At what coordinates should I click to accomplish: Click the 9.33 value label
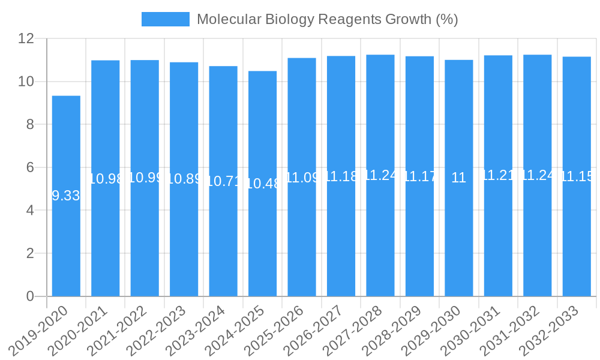(66, 196)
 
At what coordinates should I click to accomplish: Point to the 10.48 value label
(263, 184)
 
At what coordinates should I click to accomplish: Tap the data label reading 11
(458, 178)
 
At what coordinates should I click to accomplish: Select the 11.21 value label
(498, 175)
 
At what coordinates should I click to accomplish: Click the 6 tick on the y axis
(30, 167)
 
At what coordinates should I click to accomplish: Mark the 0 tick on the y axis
(30, 296)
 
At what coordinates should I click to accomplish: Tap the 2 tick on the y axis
(30, 253)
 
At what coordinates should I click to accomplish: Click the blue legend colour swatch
(165, 19)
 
